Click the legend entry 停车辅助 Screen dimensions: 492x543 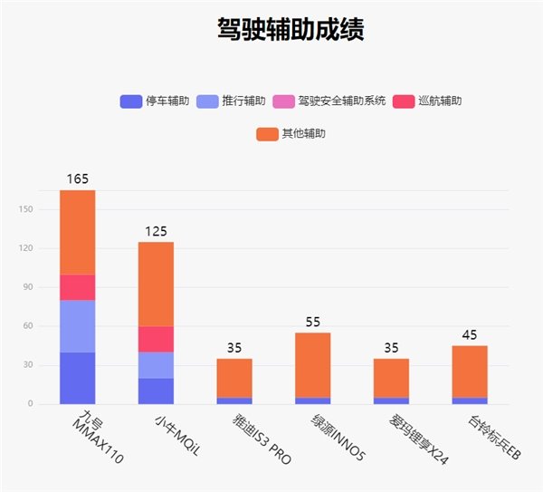coord(155,101)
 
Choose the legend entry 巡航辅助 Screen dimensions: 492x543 coord(428,101)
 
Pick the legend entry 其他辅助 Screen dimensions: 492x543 coord(291,133)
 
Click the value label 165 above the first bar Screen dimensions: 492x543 coord(78,179)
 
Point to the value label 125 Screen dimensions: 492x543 coord(156,231)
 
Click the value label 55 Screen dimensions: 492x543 coord(312,322)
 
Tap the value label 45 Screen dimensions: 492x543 coord(469,335)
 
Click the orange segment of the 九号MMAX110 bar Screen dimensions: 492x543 coord(78,232)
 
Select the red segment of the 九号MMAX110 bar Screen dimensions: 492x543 coord(78,287)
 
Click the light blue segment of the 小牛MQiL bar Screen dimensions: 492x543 coord(156,365)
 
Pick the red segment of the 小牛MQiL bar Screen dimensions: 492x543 coord(156,339)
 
